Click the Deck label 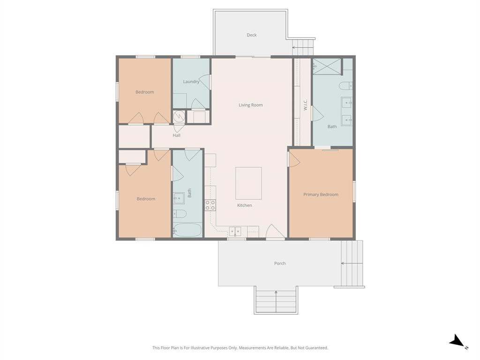pos(252,35)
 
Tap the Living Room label pos(251,105)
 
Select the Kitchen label pos(244,205)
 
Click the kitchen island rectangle pos(248,183)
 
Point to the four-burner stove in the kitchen pos(210,205)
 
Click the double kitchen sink pos(235,231)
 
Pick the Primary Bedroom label pos(321,195)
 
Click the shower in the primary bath pos(327,67)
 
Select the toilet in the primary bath pos(345,86)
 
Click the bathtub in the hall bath pos(187,230)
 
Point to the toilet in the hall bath pos(180,214)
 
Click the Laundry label pos(191,82)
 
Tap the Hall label pos(176,135)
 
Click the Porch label pos(280,263)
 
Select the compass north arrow pos(458,342)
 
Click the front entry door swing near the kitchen pos(275,232)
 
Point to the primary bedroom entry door pos(293,159)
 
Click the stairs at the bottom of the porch pos(276,300)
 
